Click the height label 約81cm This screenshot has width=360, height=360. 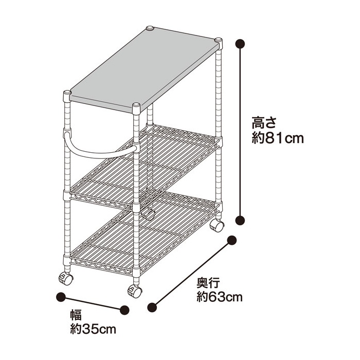[278, 138]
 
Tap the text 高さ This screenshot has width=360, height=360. [263, 122]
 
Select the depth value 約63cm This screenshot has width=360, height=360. [220, 297]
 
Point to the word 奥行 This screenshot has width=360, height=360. [208, 283]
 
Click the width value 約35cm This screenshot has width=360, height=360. [93, 330]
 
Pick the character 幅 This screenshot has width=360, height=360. [76, 315]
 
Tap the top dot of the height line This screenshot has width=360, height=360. [240, 43]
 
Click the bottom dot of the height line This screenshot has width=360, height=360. [240, 220]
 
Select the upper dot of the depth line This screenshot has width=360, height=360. [231, 240]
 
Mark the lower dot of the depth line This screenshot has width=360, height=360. [152, 308]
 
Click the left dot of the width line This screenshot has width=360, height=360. [61, 297]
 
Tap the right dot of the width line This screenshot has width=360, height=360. [124, 310]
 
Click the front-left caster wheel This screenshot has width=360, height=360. [66, 279]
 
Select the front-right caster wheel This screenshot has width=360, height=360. [135, 291]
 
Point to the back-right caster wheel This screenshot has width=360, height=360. [217, 225]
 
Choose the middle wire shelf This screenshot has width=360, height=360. [144, 167]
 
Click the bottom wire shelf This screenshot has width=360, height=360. [144, 233]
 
